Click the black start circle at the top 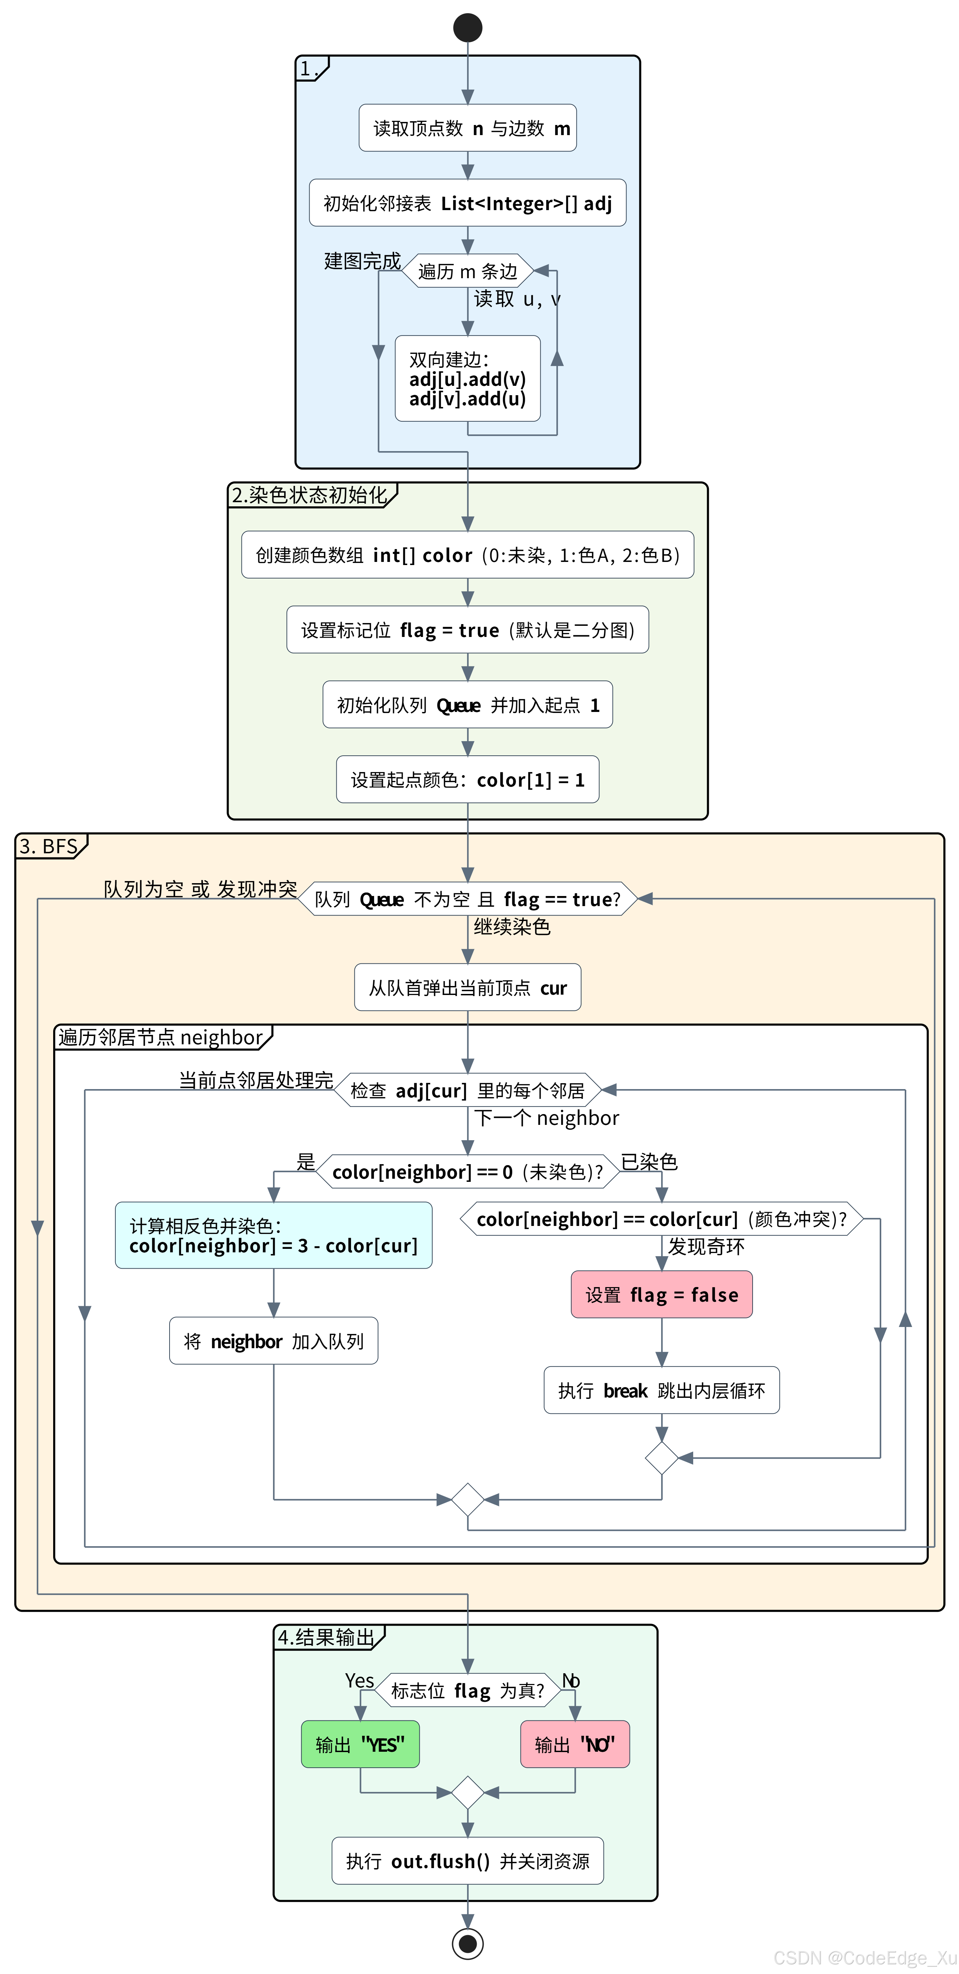coord(468,27)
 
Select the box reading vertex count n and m coord(468,128)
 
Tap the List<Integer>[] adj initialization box coord(468,203)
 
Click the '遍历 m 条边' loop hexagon coord(468,271)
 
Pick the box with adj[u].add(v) coord(468,379)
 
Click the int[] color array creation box coord(468,555)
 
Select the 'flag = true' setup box coord(468,630)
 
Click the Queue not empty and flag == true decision coord(468,899)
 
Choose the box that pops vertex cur coord(468,988)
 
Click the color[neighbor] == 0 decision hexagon coord(468,1172)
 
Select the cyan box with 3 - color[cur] coord(274,1235)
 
